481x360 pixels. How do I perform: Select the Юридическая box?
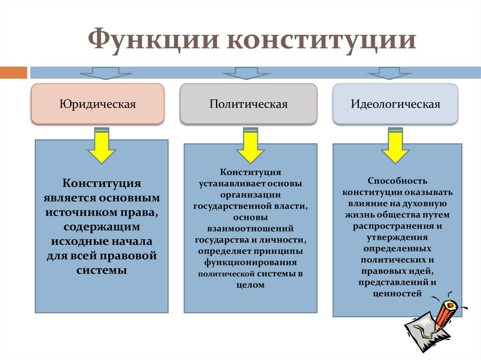coord(98,104)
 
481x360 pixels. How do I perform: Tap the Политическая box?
coord(248,104)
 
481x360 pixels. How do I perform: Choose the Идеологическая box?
coord(396,104)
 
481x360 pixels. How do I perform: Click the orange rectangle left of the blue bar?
coord(14,72)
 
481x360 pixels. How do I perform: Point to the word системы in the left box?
coord(101,271)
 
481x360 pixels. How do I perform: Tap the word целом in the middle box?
coord(249,285)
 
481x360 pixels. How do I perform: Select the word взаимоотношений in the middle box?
coord(250,229)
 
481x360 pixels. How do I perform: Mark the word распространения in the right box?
coord(391,226)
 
